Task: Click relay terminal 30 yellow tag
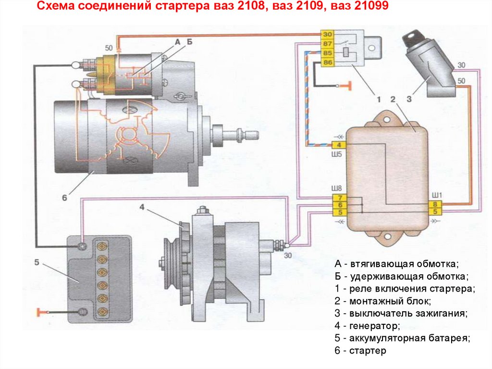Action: pos(327,35)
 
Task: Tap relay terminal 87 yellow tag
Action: pos(327,44)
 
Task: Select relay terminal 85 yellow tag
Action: pos(327,53)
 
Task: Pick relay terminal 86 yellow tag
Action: pos(327,63)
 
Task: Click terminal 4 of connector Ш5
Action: pos(338,145)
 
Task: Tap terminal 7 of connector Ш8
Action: pos(338,198)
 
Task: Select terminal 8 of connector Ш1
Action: pos(434,204)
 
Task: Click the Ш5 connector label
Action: pos(337,155)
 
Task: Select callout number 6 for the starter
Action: pos(65,196)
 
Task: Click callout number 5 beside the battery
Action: pos(37,262)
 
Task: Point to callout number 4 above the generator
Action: pos(142,207)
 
